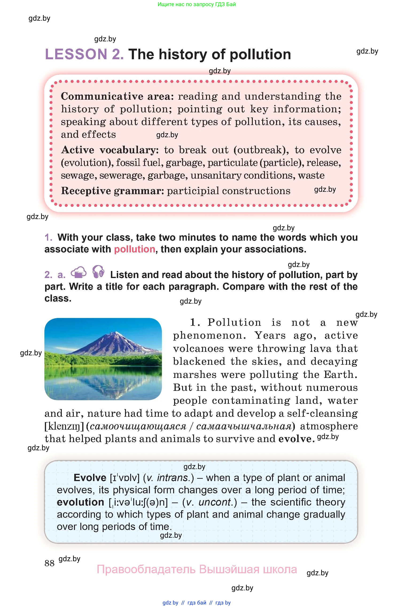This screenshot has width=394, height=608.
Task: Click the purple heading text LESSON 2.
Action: pos(84,55)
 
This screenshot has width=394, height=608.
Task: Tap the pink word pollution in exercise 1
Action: pos(135,249)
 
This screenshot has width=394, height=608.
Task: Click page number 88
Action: pos(49,563)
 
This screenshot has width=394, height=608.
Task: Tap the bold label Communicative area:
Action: pos(117,96)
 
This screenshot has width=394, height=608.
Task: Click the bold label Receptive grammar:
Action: pos(112,191)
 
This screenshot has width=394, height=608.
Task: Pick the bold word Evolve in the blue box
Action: pos(90,478)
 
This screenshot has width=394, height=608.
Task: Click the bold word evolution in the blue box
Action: pos(80,502)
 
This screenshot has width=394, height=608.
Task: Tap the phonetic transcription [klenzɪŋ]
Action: pos(64,426)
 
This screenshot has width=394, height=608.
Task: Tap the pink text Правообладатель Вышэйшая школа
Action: pos(197,569)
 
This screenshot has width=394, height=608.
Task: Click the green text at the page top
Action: pos(197,4)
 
